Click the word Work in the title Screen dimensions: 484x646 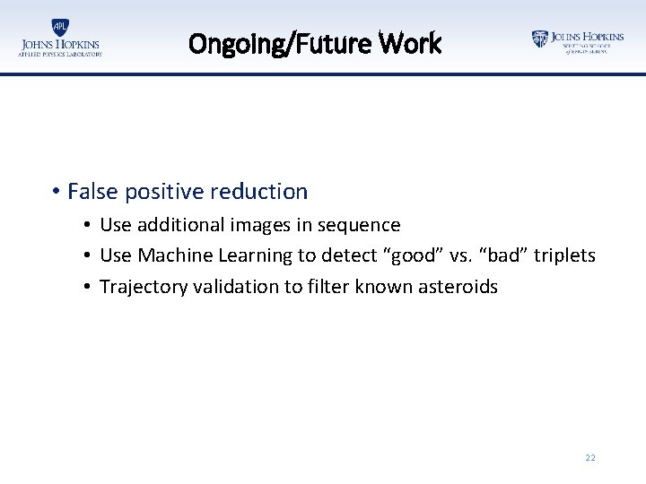pyautogui.click(x=410, y=43)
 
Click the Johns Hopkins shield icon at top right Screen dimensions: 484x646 pyautogui.click(x=539, y=39)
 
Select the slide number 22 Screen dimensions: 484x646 pyautogui.click(x=589, y=458)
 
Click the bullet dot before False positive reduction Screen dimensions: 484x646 pyautogui.click(x=56, y=192)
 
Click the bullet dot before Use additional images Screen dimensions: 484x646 pyautogui.click(x=89, y=225)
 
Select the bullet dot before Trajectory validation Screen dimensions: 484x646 pyautogui.click(x=89, y=288)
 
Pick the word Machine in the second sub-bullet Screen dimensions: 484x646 pyautogui.click(x=172, y=256)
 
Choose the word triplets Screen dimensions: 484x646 pyautogui.click(x=565, y=256)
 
